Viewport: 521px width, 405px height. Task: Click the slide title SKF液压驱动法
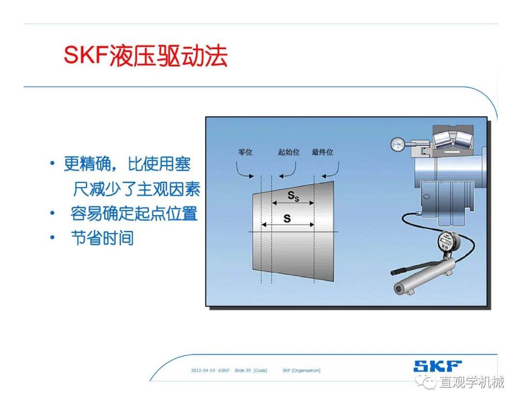tap(146, 55)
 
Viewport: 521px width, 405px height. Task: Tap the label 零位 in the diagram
tap(245, 152)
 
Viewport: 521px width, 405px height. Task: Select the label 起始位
tap(289, 152)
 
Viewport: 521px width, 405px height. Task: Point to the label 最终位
tap(322, 152)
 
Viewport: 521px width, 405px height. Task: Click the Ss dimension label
tap(293, 196)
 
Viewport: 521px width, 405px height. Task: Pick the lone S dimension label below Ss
tap(287, 218)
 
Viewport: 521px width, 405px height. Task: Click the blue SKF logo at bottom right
tap(438, 366)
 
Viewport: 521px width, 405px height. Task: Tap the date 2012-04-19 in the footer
tap(203, 370)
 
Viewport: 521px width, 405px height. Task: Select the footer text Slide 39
tap(243, 370)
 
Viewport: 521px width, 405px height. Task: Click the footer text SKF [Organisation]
tap(302, 370)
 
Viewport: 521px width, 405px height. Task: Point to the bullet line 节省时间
tap(102, 238)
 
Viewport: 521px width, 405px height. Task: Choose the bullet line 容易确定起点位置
tap(134, 214)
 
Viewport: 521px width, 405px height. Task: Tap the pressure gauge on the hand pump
tap(447, 241)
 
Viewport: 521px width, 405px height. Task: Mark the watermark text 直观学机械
tap(472, 382)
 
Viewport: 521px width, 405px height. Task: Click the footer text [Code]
tap(260, 370)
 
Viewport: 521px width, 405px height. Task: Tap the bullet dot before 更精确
tap(52, 163)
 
